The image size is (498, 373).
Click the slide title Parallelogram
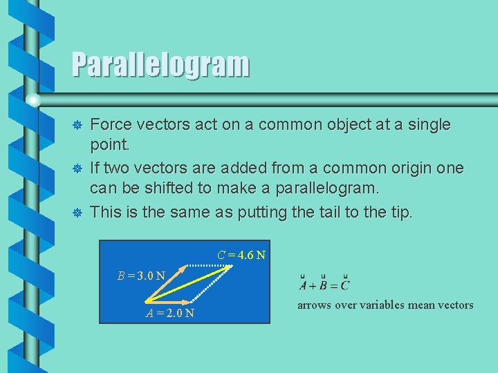160,65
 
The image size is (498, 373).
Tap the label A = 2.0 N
169,313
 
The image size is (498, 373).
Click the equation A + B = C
324,284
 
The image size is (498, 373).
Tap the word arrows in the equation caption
315,305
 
